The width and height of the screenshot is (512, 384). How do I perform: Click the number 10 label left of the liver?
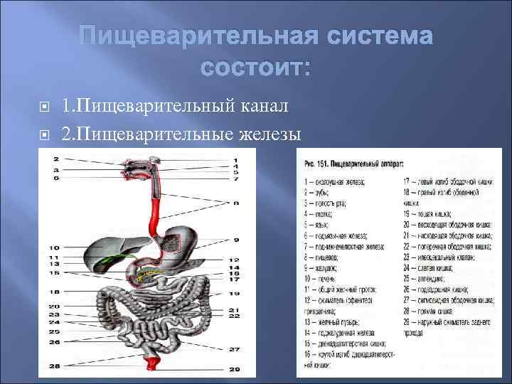pos(54,248)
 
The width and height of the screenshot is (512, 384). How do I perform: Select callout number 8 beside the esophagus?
pos(235,203)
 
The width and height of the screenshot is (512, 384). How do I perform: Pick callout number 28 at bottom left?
pos(54,366)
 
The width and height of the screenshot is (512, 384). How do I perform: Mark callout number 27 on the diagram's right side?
pos(234,349)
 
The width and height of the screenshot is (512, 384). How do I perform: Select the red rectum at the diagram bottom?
pos(151,366)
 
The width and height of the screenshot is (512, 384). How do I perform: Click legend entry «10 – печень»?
pos(321,280)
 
